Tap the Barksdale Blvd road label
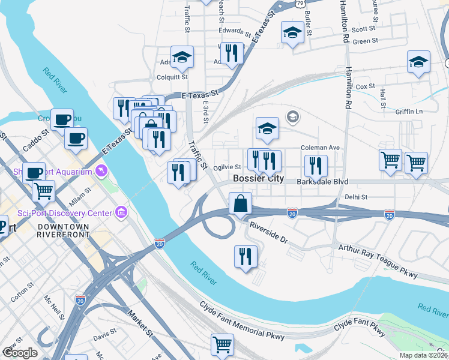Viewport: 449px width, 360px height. pos(322,181)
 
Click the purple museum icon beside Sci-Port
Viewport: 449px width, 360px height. pos(122,212)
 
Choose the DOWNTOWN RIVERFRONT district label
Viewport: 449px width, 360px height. pos(62,232)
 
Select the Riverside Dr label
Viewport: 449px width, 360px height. pos(269,232)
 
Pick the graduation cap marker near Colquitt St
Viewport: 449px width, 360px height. pos(182,58)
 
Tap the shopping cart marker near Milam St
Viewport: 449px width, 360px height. pos(43,191)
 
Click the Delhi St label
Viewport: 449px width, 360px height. pos(355,196)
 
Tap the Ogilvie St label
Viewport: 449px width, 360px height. pos(228,168)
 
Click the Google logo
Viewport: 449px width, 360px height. pos(20,353)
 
